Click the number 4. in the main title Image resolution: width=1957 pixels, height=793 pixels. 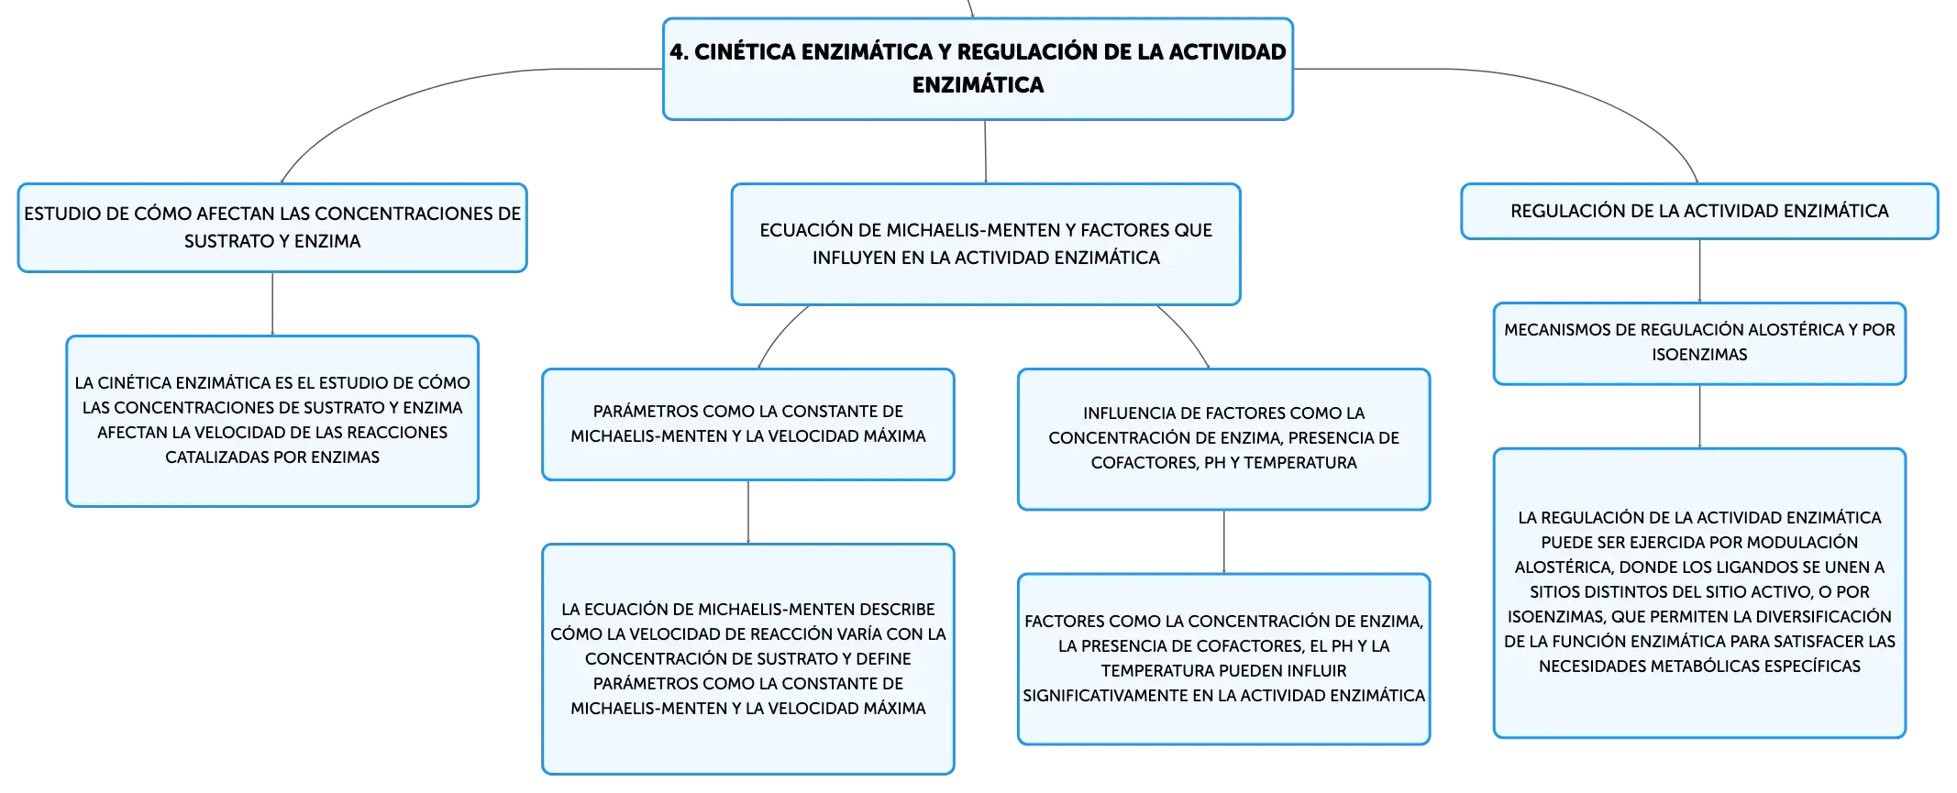click(x=679, y=52)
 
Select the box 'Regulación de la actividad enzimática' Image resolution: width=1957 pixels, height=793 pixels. click(x=1699, y=212)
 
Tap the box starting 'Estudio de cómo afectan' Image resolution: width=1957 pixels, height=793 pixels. click(x=272, y=228)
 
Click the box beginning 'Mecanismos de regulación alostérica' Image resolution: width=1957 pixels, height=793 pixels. click(x=1699, y=344)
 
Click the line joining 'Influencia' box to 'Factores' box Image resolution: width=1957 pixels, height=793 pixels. click(x=1224, y=542)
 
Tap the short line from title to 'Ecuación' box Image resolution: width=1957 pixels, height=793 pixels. click(x=986, y=151)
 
